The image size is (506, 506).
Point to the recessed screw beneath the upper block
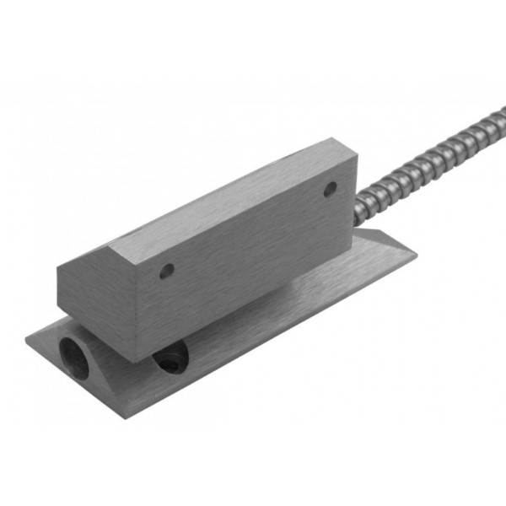pos(168,360)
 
